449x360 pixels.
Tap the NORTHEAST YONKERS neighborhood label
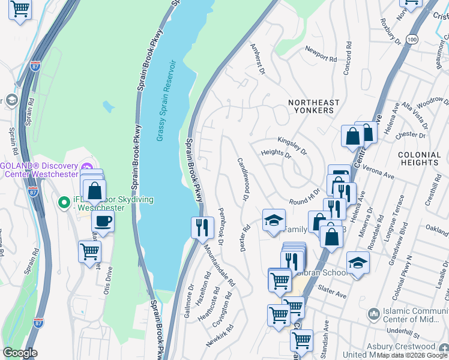pyautogui.click(x=313, y=107)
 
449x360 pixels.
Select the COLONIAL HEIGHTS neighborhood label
pyautogui.click(x=419, y=158)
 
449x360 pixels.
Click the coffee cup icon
pyautogui.click(x=103, y=221)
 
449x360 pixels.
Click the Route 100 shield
pyautogui.click(x=411, y=39)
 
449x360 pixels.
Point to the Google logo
pyautogui.click(x=20, y=353)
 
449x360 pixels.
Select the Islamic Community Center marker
pyautogui.click(x=374, y=313)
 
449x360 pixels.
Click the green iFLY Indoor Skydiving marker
pyautogui.click(x=63, y=203)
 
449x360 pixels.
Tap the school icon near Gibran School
pyautogui.click(x=358, y=262)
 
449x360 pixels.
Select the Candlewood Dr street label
pyautogui.click(x=243, y=179)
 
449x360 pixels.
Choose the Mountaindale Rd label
pyautogui.click(x=218, y=265)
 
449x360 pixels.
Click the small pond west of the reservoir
pyautogui.click(x=108, y=107)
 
